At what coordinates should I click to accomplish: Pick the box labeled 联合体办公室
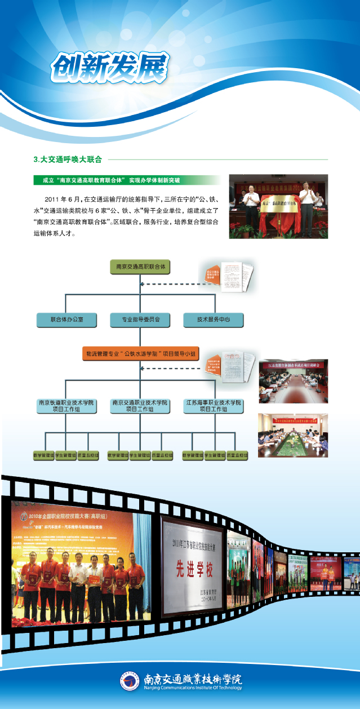[x=66, y=320]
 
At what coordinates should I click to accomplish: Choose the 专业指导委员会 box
[x=140, y=320]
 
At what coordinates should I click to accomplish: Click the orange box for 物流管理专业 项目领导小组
[x=140, y=354]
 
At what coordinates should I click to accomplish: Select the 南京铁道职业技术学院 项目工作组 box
[x=66, y=406]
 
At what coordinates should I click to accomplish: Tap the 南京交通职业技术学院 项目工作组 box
[x=140, y=406]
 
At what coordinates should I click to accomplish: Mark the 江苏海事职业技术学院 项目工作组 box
[x=214, y=406]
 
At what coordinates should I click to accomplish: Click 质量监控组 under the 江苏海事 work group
[x=236, y=454]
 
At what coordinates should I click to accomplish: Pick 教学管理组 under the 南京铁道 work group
[x=43, y=454]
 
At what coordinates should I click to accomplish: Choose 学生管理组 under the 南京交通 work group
[x=140, y=454]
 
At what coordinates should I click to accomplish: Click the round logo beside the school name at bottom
[x=130, y=680]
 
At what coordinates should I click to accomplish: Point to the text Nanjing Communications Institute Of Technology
[x=193, y=687]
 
